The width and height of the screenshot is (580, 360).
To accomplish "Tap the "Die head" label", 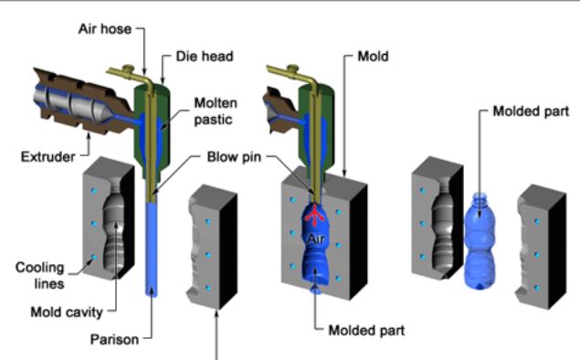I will tap(196, 55).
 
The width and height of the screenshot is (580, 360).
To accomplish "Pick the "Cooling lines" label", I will tap(40, 275).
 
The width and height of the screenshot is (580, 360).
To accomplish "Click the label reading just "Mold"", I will tap(370, 55).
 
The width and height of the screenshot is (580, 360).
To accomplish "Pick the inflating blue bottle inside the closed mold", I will tap(316, 251).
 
